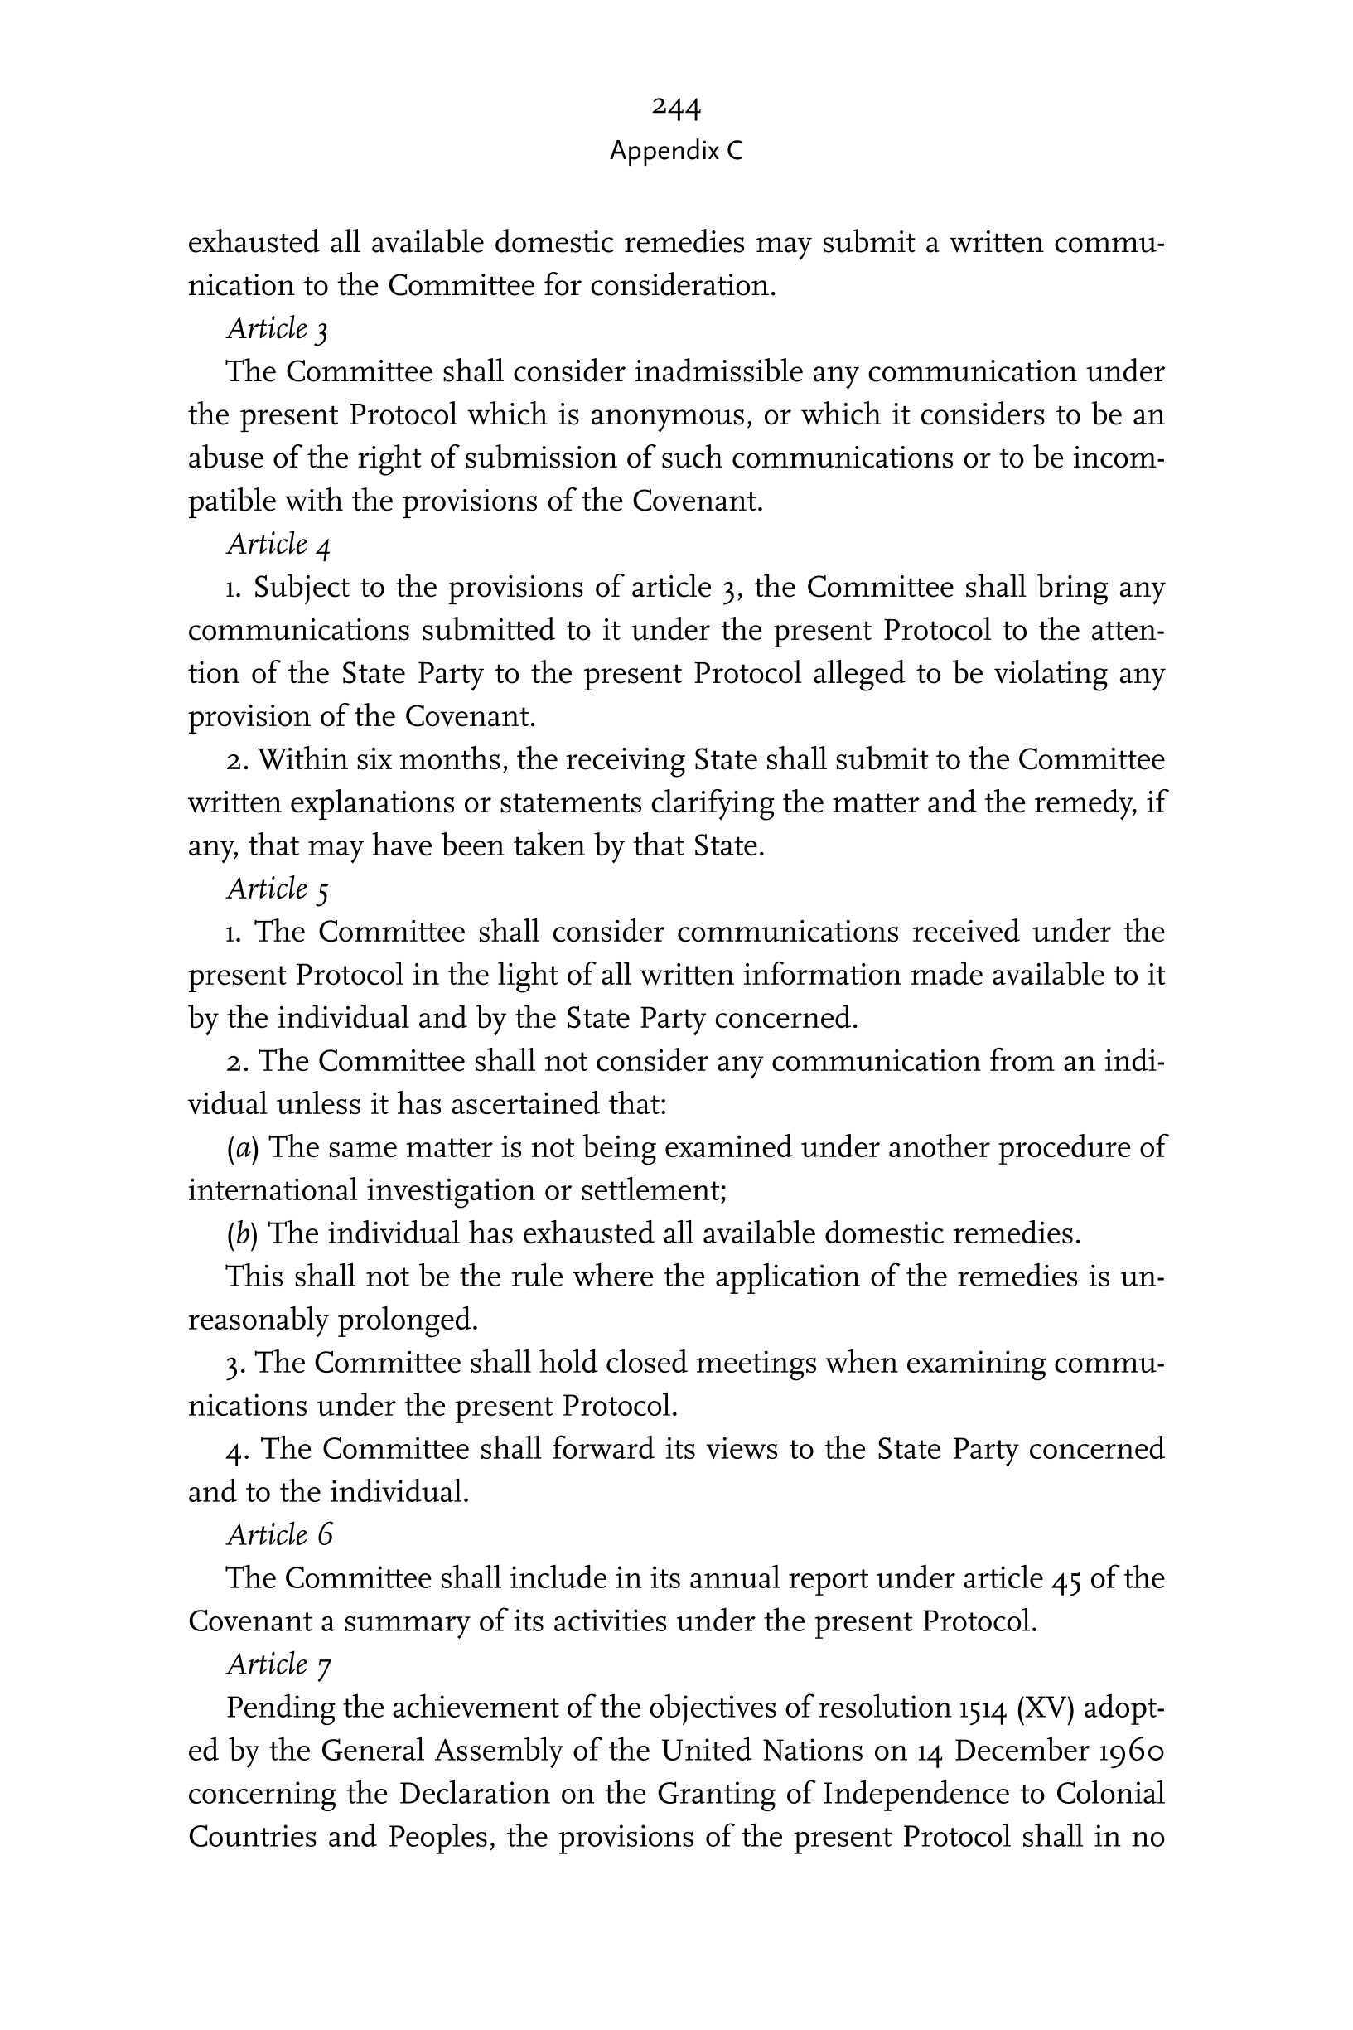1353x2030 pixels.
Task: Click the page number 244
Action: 675,108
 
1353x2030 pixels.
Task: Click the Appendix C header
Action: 675,152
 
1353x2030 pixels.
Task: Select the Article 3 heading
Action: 277,329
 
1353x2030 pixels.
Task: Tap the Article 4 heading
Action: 278,545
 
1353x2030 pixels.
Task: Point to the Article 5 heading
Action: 278,889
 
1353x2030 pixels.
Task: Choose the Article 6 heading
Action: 278,1534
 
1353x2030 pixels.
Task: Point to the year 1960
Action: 1132,1751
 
